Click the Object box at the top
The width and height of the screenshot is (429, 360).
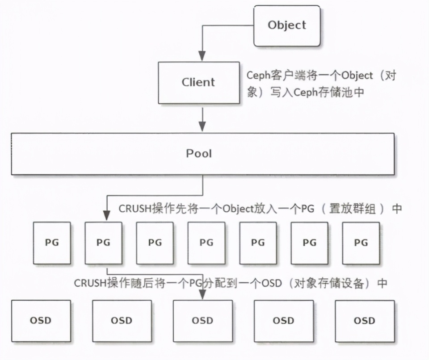coord(287,25)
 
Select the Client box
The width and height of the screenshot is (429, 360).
coord(198,82)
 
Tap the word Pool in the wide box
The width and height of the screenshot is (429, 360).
coord(199,154)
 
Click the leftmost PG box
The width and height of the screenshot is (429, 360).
coord(52,243)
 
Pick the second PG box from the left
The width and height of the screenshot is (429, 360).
coord(103,243)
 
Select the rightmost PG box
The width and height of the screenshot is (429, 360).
coord(361,243)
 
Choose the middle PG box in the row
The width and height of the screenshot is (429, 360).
coord(206,243)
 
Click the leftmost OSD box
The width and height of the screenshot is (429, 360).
coord(41,321)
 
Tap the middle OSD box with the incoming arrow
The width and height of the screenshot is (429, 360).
coord(202,321)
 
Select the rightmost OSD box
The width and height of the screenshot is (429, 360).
coord(364,321)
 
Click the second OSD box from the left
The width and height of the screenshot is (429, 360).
coord(122,321)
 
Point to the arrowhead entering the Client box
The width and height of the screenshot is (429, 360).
coord(202,56)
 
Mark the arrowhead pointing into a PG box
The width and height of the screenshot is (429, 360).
coord(107,216)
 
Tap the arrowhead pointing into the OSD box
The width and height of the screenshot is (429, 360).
coord(202,295)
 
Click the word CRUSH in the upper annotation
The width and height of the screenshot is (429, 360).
coord(135,209)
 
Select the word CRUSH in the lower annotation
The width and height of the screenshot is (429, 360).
coord(90,283)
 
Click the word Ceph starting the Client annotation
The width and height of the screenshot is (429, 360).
coord(257,75)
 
